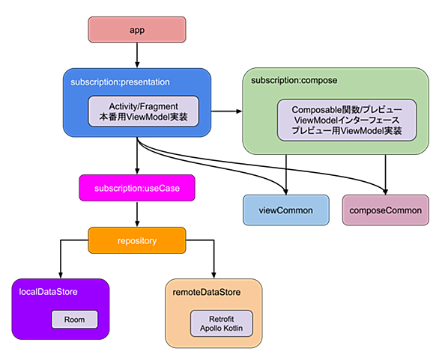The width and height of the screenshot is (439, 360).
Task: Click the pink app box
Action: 137,30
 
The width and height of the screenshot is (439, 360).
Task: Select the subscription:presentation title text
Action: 120,82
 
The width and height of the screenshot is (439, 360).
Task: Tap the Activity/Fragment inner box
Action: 143,112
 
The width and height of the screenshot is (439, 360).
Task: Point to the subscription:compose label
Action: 294,80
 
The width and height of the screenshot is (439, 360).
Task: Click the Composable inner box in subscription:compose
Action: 347,120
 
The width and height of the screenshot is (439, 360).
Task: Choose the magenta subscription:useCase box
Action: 137,188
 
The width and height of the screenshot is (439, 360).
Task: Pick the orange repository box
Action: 137,240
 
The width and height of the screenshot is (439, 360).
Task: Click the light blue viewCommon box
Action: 286,210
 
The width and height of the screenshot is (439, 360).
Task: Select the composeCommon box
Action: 386,210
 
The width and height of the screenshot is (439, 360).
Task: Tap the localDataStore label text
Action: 48,292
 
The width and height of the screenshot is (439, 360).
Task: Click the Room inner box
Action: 74,320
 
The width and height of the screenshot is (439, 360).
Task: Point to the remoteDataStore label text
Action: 207,293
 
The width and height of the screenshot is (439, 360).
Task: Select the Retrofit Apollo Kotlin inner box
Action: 222,323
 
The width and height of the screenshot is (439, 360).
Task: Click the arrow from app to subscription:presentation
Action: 137,55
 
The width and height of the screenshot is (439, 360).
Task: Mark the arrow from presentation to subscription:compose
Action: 226,112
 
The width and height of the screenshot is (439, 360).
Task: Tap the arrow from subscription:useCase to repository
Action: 137,214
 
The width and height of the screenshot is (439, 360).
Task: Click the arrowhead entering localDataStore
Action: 61,275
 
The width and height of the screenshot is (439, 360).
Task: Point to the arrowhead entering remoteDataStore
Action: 214,275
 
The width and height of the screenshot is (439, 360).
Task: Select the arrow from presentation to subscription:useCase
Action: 137,156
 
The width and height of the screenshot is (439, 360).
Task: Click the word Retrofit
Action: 222,319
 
